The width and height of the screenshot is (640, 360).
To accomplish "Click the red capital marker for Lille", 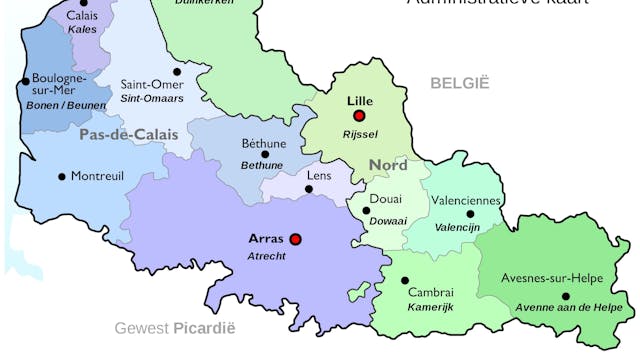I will click(x=359, y=116).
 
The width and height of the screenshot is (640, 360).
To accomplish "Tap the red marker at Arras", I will click(x=295, y=239).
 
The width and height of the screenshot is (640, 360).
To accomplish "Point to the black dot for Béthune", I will click(x=264, y=154).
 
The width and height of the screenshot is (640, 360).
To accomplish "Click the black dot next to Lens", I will click(x=308, y=189).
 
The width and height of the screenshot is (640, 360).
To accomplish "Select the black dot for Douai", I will click(x=367, y=211).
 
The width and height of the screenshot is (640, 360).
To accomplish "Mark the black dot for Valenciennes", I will click(x=470, y=214).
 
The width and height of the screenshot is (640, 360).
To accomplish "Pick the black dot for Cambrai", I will click(x=405, y=280).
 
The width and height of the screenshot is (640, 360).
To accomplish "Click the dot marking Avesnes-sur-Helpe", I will click(x=565, y=295).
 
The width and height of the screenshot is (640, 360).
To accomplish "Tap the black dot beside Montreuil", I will click(x=62, y=177).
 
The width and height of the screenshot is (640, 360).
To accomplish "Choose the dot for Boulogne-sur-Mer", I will click(x=25, y=82).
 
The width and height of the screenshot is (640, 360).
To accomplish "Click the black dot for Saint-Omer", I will click(x=177, y=71).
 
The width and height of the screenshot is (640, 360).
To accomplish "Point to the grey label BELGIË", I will click(x=460, y=83).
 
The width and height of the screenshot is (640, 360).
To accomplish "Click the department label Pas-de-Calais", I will click(x=128, y=133).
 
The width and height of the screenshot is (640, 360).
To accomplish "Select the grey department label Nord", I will click(x=388, y=165).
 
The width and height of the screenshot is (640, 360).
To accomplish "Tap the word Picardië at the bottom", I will click(x=204, y=327).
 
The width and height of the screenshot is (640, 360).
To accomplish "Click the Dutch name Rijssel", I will click(x=360, y=134).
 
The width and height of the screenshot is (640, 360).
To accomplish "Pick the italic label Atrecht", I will click(x=266, y=256).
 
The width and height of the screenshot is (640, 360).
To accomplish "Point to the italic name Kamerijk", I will click(x=430, y=306).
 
